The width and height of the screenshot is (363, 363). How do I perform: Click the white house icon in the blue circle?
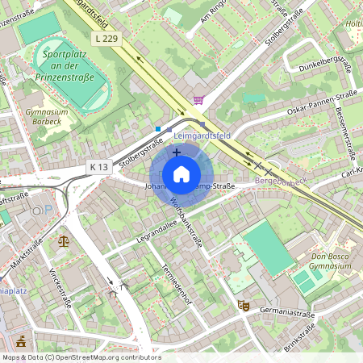[181, 174]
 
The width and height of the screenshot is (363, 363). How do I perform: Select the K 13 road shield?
[98, 166]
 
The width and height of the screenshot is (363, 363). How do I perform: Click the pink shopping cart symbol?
[198, 100]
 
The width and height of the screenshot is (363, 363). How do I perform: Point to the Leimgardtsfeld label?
[202, 136]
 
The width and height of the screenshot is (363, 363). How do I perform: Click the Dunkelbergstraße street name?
[320, 64]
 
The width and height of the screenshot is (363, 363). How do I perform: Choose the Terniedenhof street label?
[176, 286]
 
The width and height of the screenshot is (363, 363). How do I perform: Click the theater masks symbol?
[240, 305]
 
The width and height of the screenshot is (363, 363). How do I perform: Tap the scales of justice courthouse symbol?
[64, 240]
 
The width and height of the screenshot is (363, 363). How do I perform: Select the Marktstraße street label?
[28, 257]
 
